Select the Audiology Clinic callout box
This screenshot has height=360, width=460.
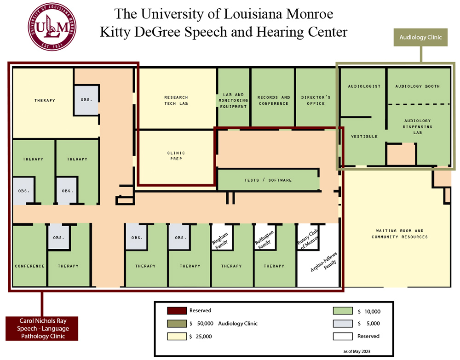tap(420, 37)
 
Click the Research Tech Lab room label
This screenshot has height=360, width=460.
tap(176, 100)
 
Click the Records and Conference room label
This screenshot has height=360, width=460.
tap(274, 100)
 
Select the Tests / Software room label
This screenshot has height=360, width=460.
tap(268, 180)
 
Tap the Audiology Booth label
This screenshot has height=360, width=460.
tap(417, 86)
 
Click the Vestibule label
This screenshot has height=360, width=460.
tap(364, 137)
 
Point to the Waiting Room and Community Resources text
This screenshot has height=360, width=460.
tap(400, 234)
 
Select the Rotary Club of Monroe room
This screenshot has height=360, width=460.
tap(308, 237)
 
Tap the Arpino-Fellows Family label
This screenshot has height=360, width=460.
tap(323, 266)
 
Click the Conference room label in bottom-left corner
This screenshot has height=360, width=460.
tap(29, 266)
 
